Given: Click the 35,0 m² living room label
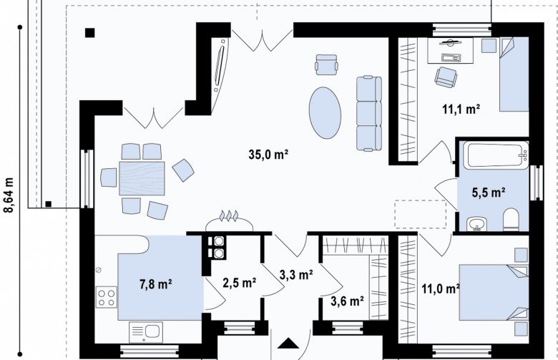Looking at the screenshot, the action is tap(268, 155).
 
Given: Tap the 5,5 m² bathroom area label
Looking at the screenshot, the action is tap(488, 193).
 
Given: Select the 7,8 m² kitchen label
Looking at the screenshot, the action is tap(156, 284).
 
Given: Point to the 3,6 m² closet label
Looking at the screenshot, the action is tap(347, 301).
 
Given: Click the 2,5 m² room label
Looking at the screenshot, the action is tap(240, 283).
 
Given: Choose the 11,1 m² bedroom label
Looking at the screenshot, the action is tap(461, 109).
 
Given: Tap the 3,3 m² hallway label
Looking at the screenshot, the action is tap(296, 275).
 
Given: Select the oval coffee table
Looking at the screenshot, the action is tap(325, 113).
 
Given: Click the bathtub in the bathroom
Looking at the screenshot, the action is tap(497, 155).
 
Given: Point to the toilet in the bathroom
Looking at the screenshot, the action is tap(511, 219).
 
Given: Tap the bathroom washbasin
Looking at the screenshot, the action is tap(476, 223).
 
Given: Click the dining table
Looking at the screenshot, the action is tap(142, 178).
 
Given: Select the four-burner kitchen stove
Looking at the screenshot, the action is tap(107, 297).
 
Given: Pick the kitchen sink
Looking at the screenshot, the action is tap(145, 332).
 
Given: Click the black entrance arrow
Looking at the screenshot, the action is tap(288, 344).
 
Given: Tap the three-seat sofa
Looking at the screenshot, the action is tap(369, 113).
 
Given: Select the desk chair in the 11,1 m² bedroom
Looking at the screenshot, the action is tap(446, 77).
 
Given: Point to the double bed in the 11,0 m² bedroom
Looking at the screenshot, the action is tap(493, 292).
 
